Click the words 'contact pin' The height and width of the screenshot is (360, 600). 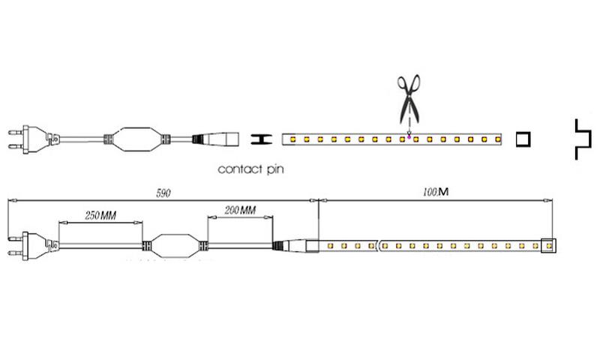pos(250,169)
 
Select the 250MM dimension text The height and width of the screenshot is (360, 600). pos(100,215)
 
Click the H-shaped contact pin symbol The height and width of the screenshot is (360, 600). pos(259,139)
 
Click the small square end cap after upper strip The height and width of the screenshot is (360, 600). pos(522,139)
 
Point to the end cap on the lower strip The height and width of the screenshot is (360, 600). pos(548,245)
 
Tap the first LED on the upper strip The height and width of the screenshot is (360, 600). pos(292,139)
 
